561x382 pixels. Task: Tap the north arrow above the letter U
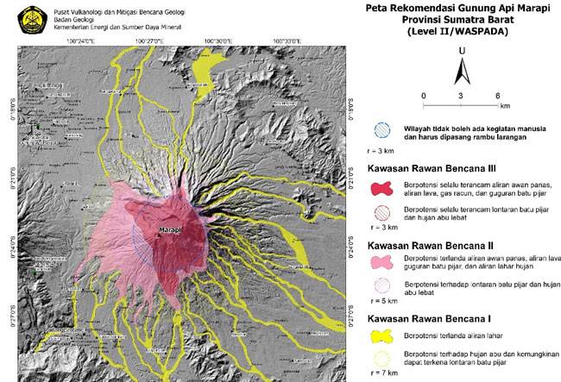tap(462, 65)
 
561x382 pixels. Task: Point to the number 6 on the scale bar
tap(499, 95)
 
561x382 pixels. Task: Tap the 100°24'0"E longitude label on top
tap(85, 41)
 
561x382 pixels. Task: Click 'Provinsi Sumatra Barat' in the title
tap(457, 20)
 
